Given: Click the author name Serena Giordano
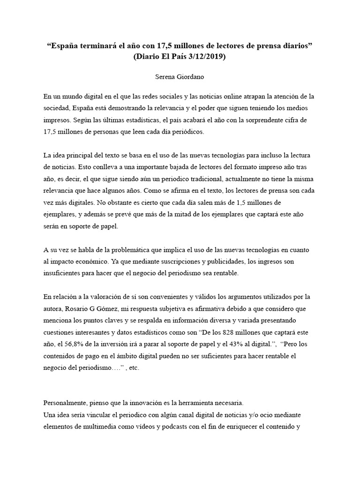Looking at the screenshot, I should coord(180,76).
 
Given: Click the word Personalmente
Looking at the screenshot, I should coord(66,403).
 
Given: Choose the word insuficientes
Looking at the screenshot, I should coord(64,272).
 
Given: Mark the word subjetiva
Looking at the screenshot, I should coord(171,309).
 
